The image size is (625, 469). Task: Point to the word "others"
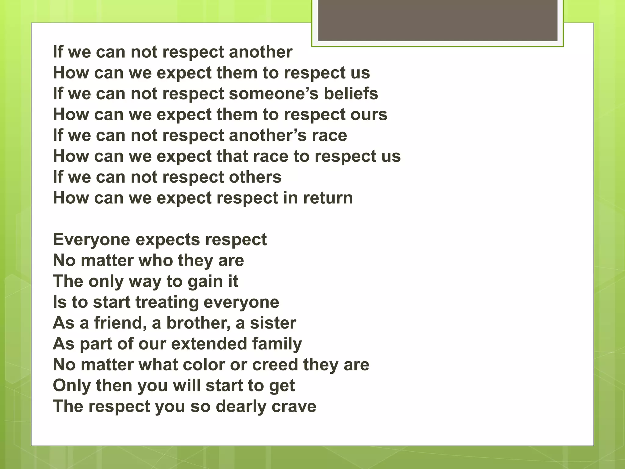(x=255, y=177)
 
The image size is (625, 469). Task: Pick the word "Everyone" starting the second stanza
(x=92, y=240)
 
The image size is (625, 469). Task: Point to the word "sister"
(x=273, y=323)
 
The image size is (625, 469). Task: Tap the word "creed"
(x=275, y=365)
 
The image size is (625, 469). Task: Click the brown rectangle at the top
(x=437, y=20)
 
